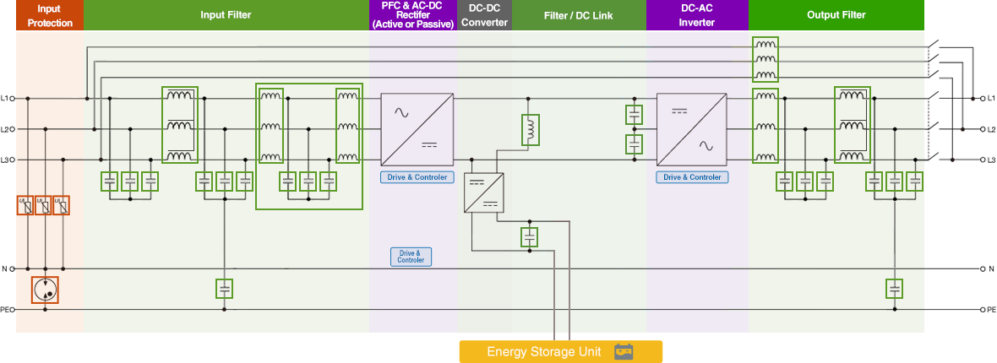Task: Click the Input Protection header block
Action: pyautogui.click(x=50, y=15)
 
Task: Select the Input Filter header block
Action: pyautogui.click(x=226, y=15)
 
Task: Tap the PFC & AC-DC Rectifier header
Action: pyautogui.click(x=412, y=15)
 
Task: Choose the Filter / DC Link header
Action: pyautogui.click(x=579, y=15)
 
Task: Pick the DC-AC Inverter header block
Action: pyautogui.click(x=697, y=15)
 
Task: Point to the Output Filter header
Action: pyautogui.click(x=836, y=15)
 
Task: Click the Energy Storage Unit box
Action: pyautogui.click(x=560, y=351)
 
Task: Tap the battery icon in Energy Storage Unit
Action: pyautogui.click(x=624, y=351)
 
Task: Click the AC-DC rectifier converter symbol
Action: pyautogui.click(x=417, y=128)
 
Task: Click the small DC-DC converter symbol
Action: pyautogui.click(x=484, y=192)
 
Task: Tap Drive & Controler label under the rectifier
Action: pyautogui.click(x=417, y=177)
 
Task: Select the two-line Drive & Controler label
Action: pyautogui.click(x=411, y=257)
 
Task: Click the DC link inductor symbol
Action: pyautogui.click(x=531, y=129)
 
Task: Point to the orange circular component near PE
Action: pyautogui.click(x=45, y=290)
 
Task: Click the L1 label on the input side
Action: pyautogui.click(x=5, y=99)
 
